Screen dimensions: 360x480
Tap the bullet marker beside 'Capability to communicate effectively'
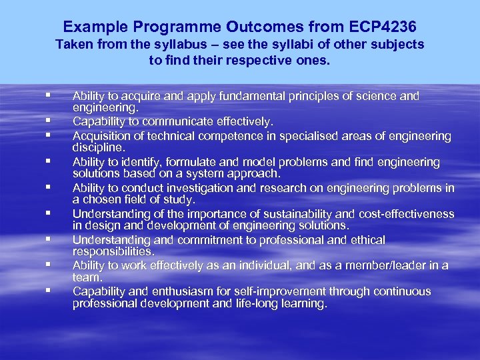tap(49, 121)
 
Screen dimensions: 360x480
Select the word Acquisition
tap(103, 136)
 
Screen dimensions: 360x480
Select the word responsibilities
tap(113, 251)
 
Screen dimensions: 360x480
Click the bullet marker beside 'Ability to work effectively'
tap(49, 265)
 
